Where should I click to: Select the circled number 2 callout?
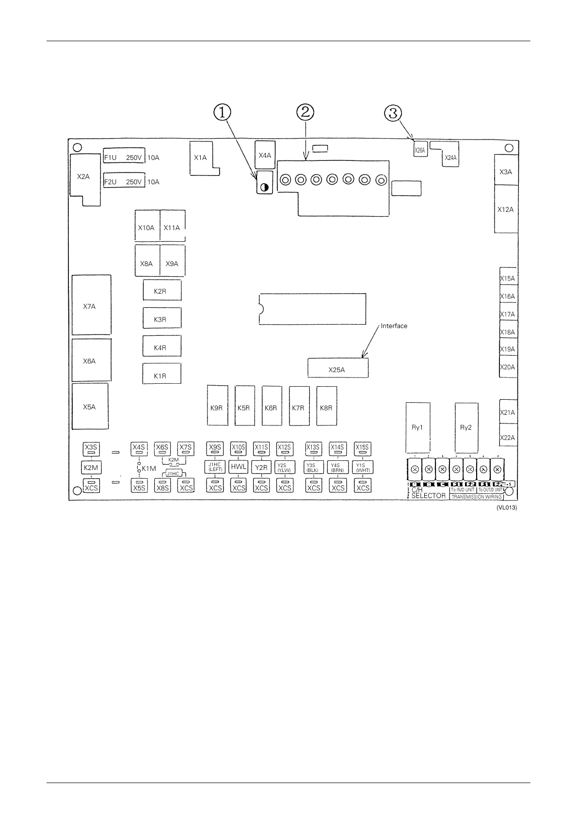pos(305,112)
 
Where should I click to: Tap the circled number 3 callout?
pos(393,113)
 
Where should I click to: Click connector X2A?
pos(83,177)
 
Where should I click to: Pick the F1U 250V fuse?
pos(124,157)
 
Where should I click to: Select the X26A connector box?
pos(419,150)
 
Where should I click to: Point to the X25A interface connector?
pos(337,369)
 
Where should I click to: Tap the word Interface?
pos(394,326)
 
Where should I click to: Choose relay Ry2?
pos(466,427)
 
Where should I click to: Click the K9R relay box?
pos(217,408)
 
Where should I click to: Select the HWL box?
pos(239,467)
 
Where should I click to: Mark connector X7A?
pos(90,306)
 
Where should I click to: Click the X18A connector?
pos(508,332)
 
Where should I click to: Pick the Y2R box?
pos(261,468)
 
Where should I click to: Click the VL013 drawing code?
pos(506,508)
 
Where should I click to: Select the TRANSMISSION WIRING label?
pos(476,497)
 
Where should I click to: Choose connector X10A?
pos(146,228)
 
